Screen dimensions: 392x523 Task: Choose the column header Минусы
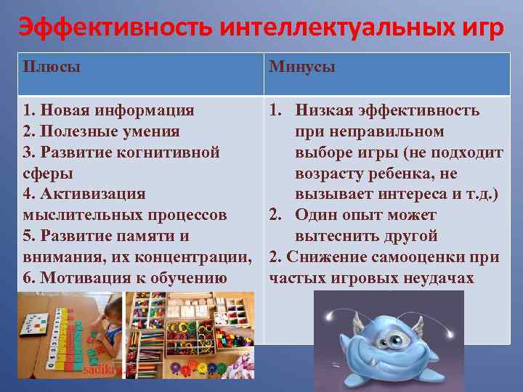coord(302,67)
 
